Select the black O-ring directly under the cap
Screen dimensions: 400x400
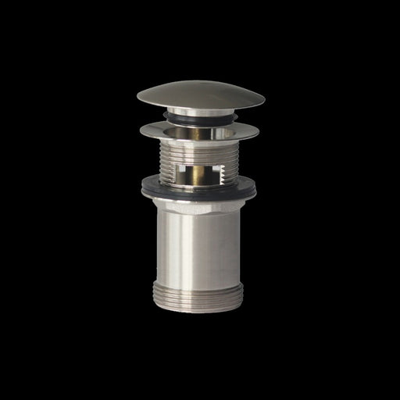[202, 116]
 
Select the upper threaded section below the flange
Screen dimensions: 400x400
[173, 160]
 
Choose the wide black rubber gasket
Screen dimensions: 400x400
[199, 188]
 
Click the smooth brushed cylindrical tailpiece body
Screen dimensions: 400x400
[184, 242]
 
